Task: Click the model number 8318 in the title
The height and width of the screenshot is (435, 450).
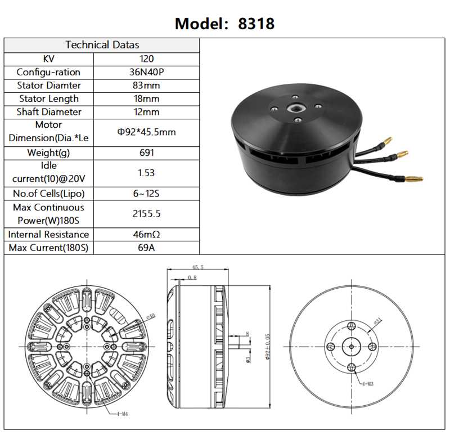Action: [x=256, y=24]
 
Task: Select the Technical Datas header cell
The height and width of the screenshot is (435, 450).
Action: [x=102, y=44]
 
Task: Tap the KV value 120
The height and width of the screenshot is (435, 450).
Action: [x=146, y=59]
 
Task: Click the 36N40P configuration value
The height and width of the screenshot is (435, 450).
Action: [x=146, y=72]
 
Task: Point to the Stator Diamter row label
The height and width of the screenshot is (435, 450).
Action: [x=48, y=86]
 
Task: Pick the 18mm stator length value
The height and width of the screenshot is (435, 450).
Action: [x=146, y=99]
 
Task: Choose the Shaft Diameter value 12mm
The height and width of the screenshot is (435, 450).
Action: [x=146, y=112]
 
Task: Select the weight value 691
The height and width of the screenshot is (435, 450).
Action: [x=146, y=153]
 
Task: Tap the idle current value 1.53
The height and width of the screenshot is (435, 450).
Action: [x=146, y=173]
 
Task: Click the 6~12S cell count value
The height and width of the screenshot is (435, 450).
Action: [x=146, y=194]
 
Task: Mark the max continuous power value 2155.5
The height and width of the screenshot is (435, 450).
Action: [x=146, y=214]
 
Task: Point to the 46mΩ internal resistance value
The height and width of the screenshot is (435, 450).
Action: [x=146, y=234]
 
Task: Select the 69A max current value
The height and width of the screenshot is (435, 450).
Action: [x=146, y=248]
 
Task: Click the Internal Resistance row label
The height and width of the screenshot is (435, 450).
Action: [x=48, y=234]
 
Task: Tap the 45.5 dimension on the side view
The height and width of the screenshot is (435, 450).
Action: [x=197, y=268]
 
